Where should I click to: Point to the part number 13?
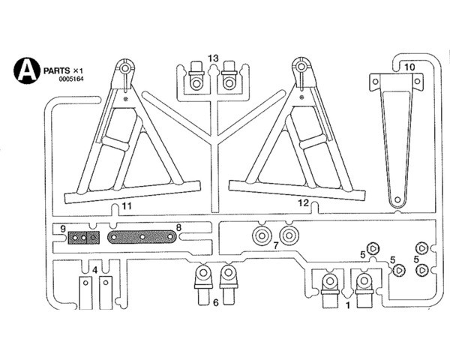click(x=213, y=58)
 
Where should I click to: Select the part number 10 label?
click(x=409, y=67)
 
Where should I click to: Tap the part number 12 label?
click(x=302, y=202)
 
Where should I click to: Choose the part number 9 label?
click(x=64, y=227)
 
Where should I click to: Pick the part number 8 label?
click(x=178, y=227)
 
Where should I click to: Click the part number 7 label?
click(x=275, y=245)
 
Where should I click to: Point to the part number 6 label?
click(x=215, y=302)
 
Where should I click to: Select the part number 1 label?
click(x=346, y=305)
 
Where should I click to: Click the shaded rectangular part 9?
click(x=84, y=238)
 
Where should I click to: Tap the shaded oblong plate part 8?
click(x=142, y=238)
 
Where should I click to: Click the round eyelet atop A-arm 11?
click(x=122, y=70)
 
